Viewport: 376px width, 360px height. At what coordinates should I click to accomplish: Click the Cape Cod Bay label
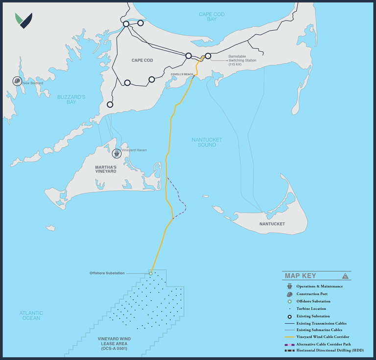[x=211, y=17]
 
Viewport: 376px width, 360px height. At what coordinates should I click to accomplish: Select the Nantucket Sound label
[x=207, y=142]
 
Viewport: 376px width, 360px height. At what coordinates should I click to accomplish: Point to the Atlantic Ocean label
[x=31, y=315]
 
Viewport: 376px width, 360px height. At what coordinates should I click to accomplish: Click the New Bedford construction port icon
[x=17, y=81]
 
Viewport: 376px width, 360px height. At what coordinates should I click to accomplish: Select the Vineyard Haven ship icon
[x=117, y=153]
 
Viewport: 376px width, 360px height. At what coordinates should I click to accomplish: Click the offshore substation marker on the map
[x=151, y=273]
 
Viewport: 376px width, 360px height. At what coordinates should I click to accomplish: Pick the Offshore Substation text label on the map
[x=107, y=273]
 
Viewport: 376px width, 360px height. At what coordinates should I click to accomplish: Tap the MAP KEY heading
[x=310, y=276]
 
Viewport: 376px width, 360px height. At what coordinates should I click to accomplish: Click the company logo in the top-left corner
[x=23, y=20]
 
